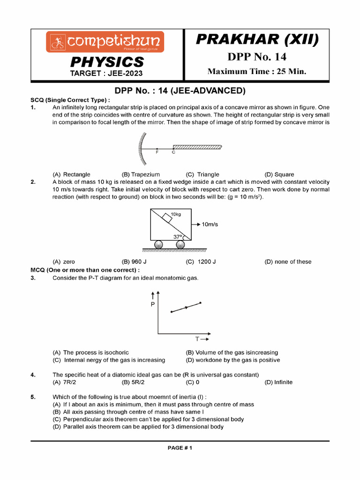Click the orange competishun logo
105,42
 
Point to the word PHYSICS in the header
107,62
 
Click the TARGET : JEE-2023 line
106,73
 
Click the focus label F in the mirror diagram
157,152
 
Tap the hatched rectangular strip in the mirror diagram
197,146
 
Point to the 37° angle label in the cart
178,236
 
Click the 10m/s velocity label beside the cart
210,225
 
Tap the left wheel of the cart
158,244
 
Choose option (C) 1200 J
202,262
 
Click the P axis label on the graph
153,304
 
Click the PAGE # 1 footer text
180,448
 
